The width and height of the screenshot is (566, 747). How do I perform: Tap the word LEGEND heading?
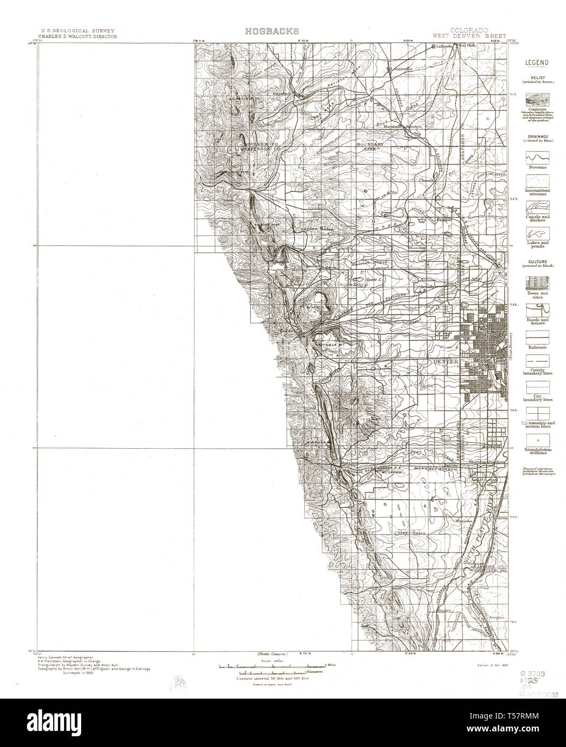pos(536,62)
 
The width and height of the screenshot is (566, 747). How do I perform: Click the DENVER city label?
pos(446,362)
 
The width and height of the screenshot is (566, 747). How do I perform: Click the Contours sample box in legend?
pos(536,100)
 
